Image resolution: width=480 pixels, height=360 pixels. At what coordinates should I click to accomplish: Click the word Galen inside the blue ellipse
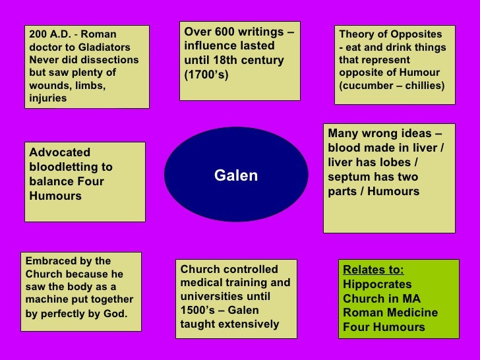pos(235,175)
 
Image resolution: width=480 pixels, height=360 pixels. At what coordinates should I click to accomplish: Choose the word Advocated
pos(60,152)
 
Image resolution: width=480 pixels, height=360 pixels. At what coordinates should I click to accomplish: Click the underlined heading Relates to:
pos(373,270)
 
